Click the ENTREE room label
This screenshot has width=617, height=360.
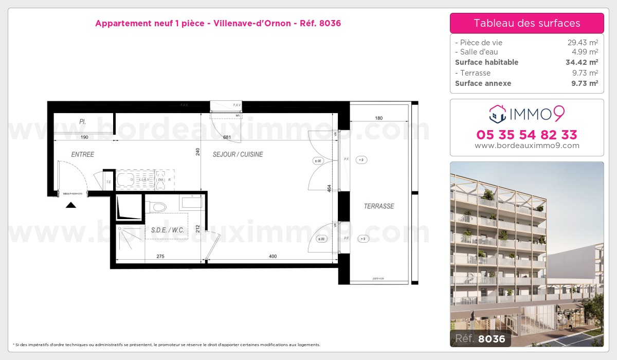[x=82, y=154]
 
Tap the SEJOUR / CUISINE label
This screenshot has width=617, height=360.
[x=238, y=154]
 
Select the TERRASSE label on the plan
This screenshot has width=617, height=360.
[x=378, y=206]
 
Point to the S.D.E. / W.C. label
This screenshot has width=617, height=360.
[x=168, y=230]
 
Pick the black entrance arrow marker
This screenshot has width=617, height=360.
[x=71, y=205]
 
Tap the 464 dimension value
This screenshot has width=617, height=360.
[x=330, y=188]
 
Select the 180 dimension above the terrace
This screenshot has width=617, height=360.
[x=378, y=118]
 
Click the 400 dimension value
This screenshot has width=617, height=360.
[x=272, y=257]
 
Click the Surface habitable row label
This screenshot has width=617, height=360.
[x=486, y=62]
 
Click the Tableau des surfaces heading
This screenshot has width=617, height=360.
[x=527, y=23]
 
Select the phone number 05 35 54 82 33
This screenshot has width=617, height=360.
[x=527, y=135]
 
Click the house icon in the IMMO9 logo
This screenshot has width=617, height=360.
[x=497, y=114]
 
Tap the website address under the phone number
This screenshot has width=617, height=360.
[x=527, y=146]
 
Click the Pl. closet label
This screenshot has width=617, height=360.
[x=82, y=122]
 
